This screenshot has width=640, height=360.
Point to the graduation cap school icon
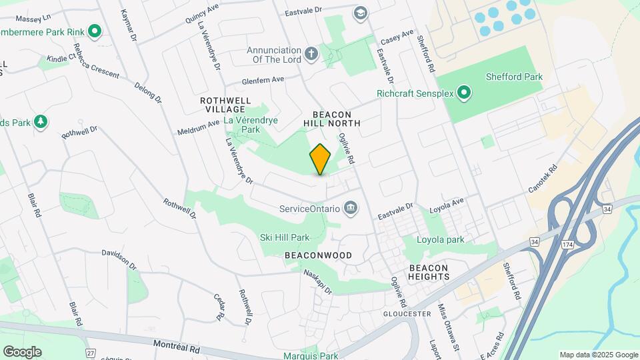pos(360,13)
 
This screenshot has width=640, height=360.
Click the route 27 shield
pos(91,352)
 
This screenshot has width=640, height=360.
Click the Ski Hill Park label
pos(285,237)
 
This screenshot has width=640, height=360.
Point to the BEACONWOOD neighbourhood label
pos(318,255)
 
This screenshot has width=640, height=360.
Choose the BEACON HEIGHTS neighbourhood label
pos(429,271)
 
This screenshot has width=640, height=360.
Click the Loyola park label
pos(440,240)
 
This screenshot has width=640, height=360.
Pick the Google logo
pos(23,351)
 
